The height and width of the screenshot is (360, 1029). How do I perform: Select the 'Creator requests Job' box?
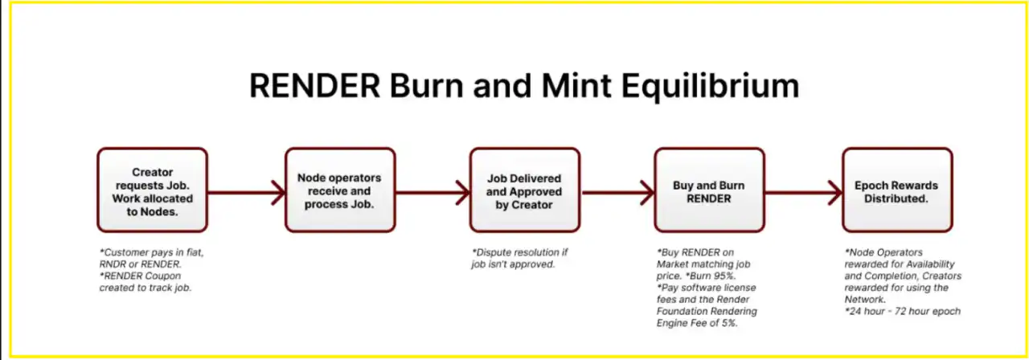pyautogui.click(x=152, y=190)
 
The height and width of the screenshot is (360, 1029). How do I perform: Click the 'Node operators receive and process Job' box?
pyautogui.click(x=339, y=190)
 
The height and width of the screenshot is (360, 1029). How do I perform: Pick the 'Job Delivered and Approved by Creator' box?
pyautogui.click(x=524, y=190)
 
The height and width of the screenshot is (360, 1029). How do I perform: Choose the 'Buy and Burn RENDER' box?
pyautogui.click(x=708, y=190)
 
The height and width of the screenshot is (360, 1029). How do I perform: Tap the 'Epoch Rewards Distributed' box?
pyautogui.click(x=896, y=190)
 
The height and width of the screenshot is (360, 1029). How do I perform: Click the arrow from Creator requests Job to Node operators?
pyautogui.click(x=246, y=192)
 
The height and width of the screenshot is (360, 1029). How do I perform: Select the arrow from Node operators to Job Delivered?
pyautogui.click(x=433, y=192)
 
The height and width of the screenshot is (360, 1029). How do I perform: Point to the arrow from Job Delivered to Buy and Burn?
pyautogui.click(x=617, y=192)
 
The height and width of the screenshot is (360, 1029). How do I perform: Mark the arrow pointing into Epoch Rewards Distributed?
pyautogui.click(x=803, y=192)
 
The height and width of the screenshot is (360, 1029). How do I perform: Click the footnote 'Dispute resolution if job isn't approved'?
pyautogui.click(x=520, y=258)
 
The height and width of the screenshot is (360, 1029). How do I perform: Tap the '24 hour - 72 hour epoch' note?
pyautogui.click(x=903, y=311)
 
